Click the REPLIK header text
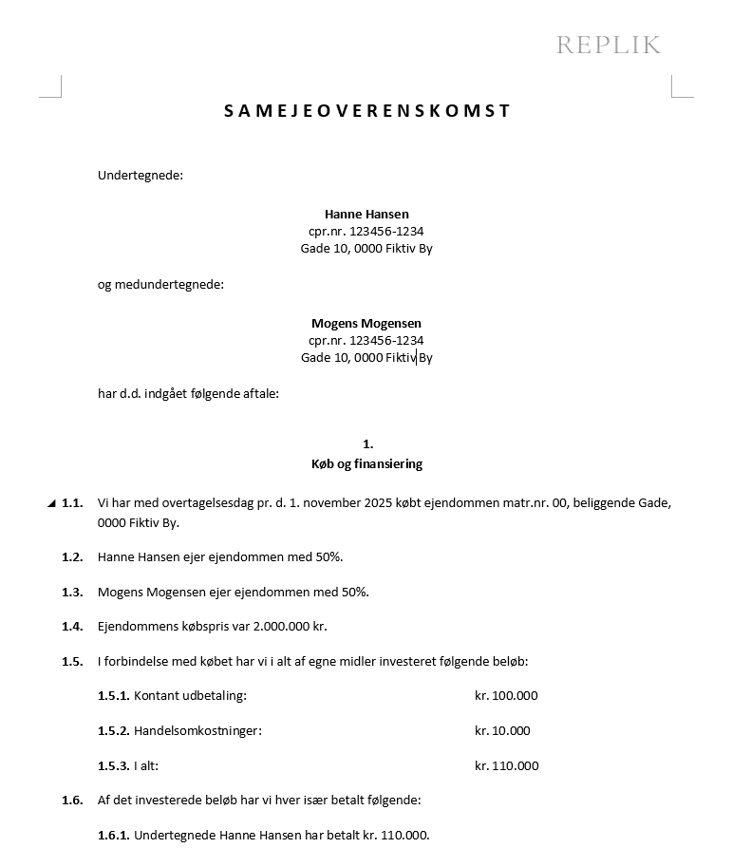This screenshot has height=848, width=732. coord(608,45)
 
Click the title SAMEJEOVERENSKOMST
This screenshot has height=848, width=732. coord(367,111)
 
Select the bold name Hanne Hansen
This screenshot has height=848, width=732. coord(366,214)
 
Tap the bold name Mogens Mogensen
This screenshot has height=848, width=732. coord(366,323)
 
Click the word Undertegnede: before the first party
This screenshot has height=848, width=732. coord(141,175)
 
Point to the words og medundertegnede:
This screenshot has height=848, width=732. coord(160,284)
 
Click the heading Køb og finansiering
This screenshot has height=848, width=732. coord(366,464)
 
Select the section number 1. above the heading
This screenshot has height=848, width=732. coord(367,443)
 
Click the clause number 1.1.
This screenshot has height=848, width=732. coord(72,503)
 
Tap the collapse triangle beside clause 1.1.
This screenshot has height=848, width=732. coord(51,504)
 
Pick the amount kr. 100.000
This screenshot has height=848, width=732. coord(506,696)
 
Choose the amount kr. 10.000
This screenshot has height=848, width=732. coord(502,731)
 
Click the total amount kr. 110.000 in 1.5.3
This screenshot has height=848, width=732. coord(506,766)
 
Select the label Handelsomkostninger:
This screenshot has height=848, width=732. coord(197,731)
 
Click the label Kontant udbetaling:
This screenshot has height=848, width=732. coord(190,696)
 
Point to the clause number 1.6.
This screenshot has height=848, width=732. coord(72,801)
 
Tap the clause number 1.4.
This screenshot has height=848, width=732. coord(72,627)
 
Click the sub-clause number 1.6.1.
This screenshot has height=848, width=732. coord(113,836)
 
